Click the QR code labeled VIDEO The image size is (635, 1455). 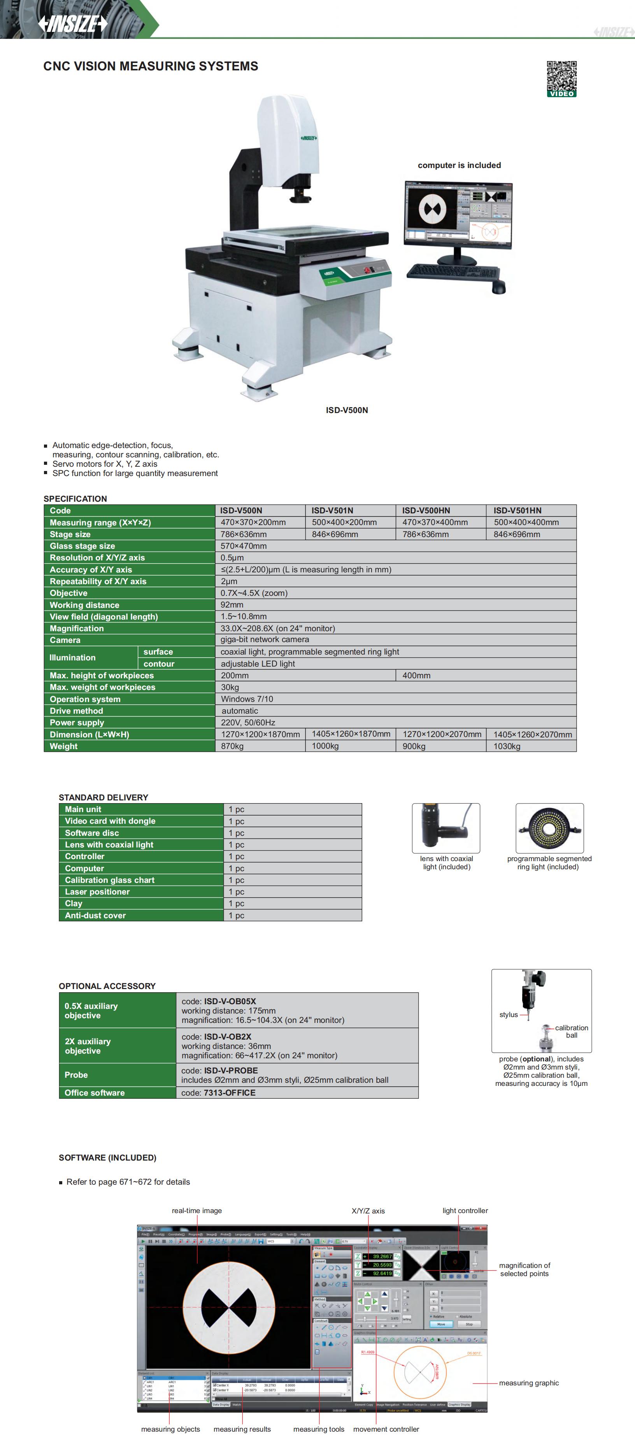(x=561, y=79)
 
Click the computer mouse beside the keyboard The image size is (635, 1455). (x=498, y=287)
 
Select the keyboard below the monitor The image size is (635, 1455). (x=453, y=272)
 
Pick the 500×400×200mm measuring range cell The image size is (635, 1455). (x=344, y=522)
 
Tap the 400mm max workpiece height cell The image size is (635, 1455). (x=416, y=676)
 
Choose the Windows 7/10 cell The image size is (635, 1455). (x=247, y=699)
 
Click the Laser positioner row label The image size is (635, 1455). (x=97, y=892)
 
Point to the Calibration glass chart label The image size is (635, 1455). (x=110, y=880)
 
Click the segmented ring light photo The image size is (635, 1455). (x=549, y=828)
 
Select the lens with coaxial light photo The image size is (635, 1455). (x=446, y=828)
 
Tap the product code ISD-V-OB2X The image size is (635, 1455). (x=227, y=1037)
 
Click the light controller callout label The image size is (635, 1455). (x=465, y=1210)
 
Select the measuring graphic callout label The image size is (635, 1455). (x=529, y=1383)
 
